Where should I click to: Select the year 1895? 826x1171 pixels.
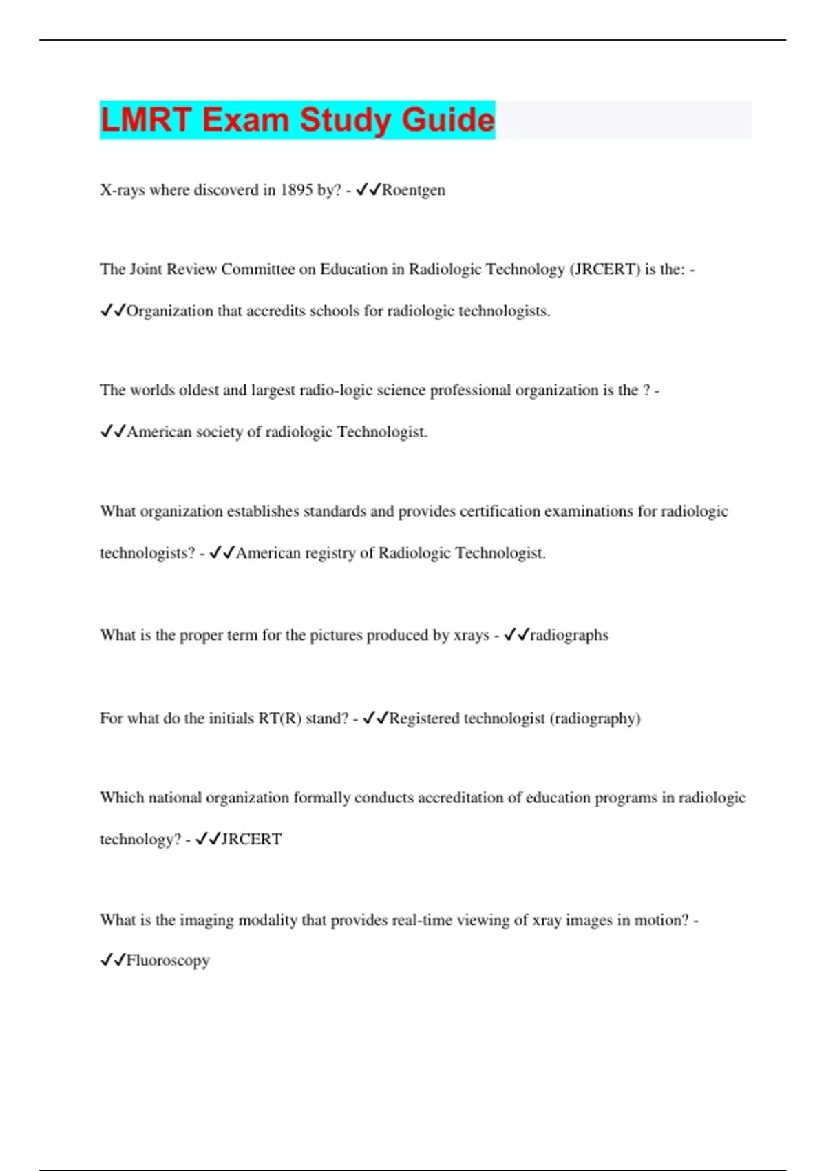tap(297, 190)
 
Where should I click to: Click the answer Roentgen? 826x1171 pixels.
tap(413, 190)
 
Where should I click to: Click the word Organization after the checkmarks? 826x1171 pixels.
tap(170, 311)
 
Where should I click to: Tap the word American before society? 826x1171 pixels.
tap(159, 433)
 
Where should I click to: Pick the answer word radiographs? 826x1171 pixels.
tap(569, 635)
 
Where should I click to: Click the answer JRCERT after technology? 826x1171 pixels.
tap(251, 840)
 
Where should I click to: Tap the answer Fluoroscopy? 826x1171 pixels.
tap(168, 960)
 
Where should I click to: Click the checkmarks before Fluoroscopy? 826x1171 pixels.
tap(113, 960)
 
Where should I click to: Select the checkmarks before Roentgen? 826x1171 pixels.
tap(368, 190)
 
